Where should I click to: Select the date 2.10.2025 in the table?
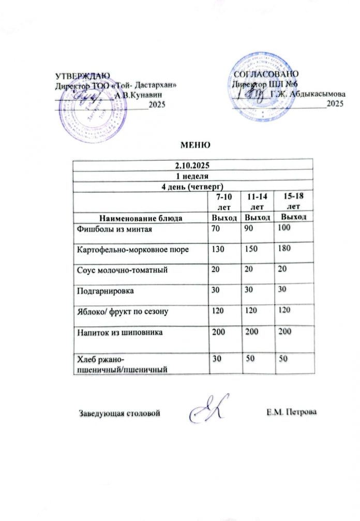[193, 166]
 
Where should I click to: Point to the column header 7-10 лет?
[220, 202]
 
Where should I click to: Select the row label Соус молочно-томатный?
[122, 270]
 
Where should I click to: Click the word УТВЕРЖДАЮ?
[79, 76]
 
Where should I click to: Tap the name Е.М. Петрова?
[291, 412]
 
